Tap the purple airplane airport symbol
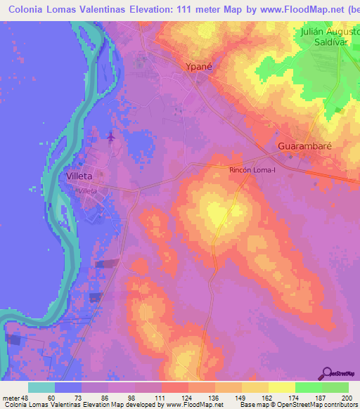111,136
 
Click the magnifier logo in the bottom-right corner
326,374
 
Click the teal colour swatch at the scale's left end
41,387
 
